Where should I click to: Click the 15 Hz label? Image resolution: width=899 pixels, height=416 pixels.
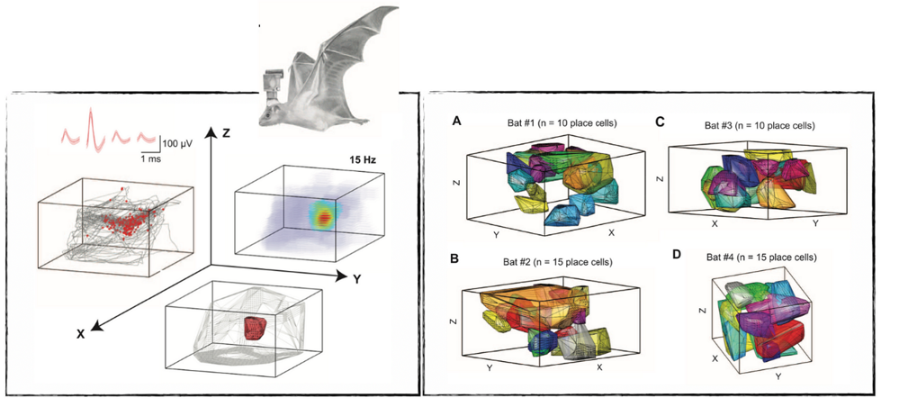(x=364, y=161)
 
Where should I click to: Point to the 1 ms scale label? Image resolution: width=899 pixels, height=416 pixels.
(x=148, y=157)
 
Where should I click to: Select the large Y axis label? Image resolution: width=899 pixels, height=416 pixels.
(x=357, y=280)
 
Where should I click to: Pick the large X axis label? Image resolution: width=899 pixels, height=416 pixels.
(x=80, y=333)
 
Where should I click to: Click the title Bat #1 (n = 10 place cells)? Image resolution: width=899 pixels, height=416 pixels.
(x=560, y=123)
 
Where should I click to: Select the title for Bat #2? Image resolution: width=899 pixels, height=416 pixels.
(x=558, y=262)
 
